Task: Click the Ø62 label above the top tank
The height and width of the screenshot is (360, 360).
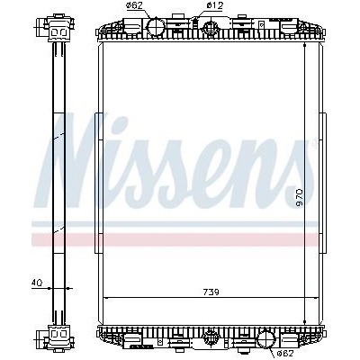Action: pyautogui.click(x=134, y=5)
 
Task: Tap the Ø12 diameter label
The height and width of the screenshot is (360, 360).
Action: pyautogui.click(x=215, y=5)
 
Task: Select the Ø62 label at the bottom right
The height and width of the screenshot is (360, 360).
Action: pyautogui.click(x=284, y=353)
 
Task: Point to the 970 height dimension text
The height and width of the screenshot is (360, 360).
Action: pyautogui.click(x=300, y=198)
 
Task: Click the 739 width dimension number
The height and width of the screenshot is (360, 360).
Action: pyautogui.click(x=211, y=292)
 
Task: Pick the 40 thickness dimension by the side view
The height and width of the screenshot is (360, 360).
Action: pyautogui.click(x=37, y=283)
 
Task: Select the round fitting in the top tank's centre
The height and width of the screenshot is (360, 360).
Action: pyautogui.click(x=211, y=27)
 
